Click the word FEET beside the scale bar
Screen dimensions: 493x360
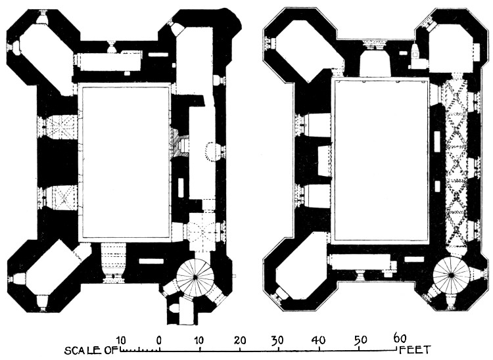pos(415,349)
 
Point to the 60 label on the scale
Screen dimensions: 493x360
pos(400,338)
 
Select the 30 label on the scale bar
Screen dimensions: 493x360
pos(277,340)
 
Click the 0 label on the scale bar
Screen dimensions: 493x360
pos(160,340)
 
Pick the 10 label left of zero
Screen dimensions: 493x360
pos(121,340)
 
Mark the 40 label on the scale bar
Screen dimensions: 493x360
pos(319,340)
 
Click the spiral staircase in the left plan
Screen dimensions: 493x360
pos(195,277)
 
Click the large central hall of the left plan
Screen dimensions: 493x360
pos(125,162)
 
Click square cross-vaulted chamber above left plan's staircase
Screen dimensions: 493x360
pos(202,232)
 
